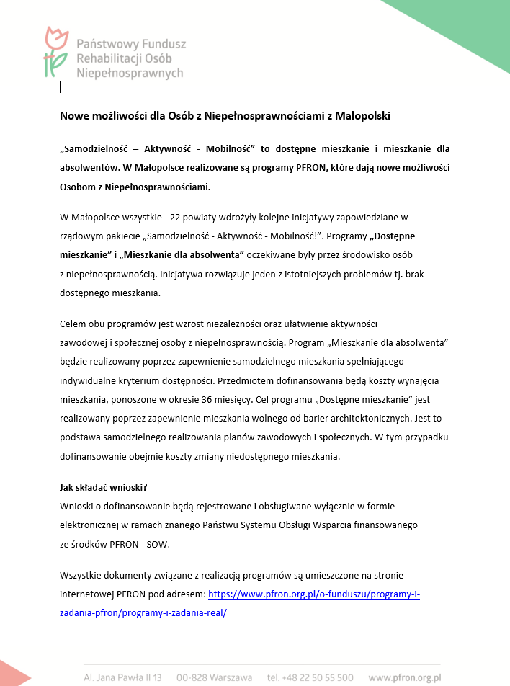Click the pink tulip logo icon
click(x=55, y=52)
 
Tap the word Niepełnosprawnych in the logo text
click(x=130, y=73)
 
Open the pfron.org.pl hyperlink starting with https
click(x=313, y=594)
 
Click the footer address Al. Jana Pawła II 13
click(x=122, y=677)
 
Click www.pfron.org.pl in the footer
click(x=404, y=677)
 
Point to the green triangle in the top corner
click(x=461, y=25)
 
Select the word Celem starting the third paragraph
click(x=75, y=324)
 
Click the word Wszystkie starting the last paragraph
click(x=83, y=575)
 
